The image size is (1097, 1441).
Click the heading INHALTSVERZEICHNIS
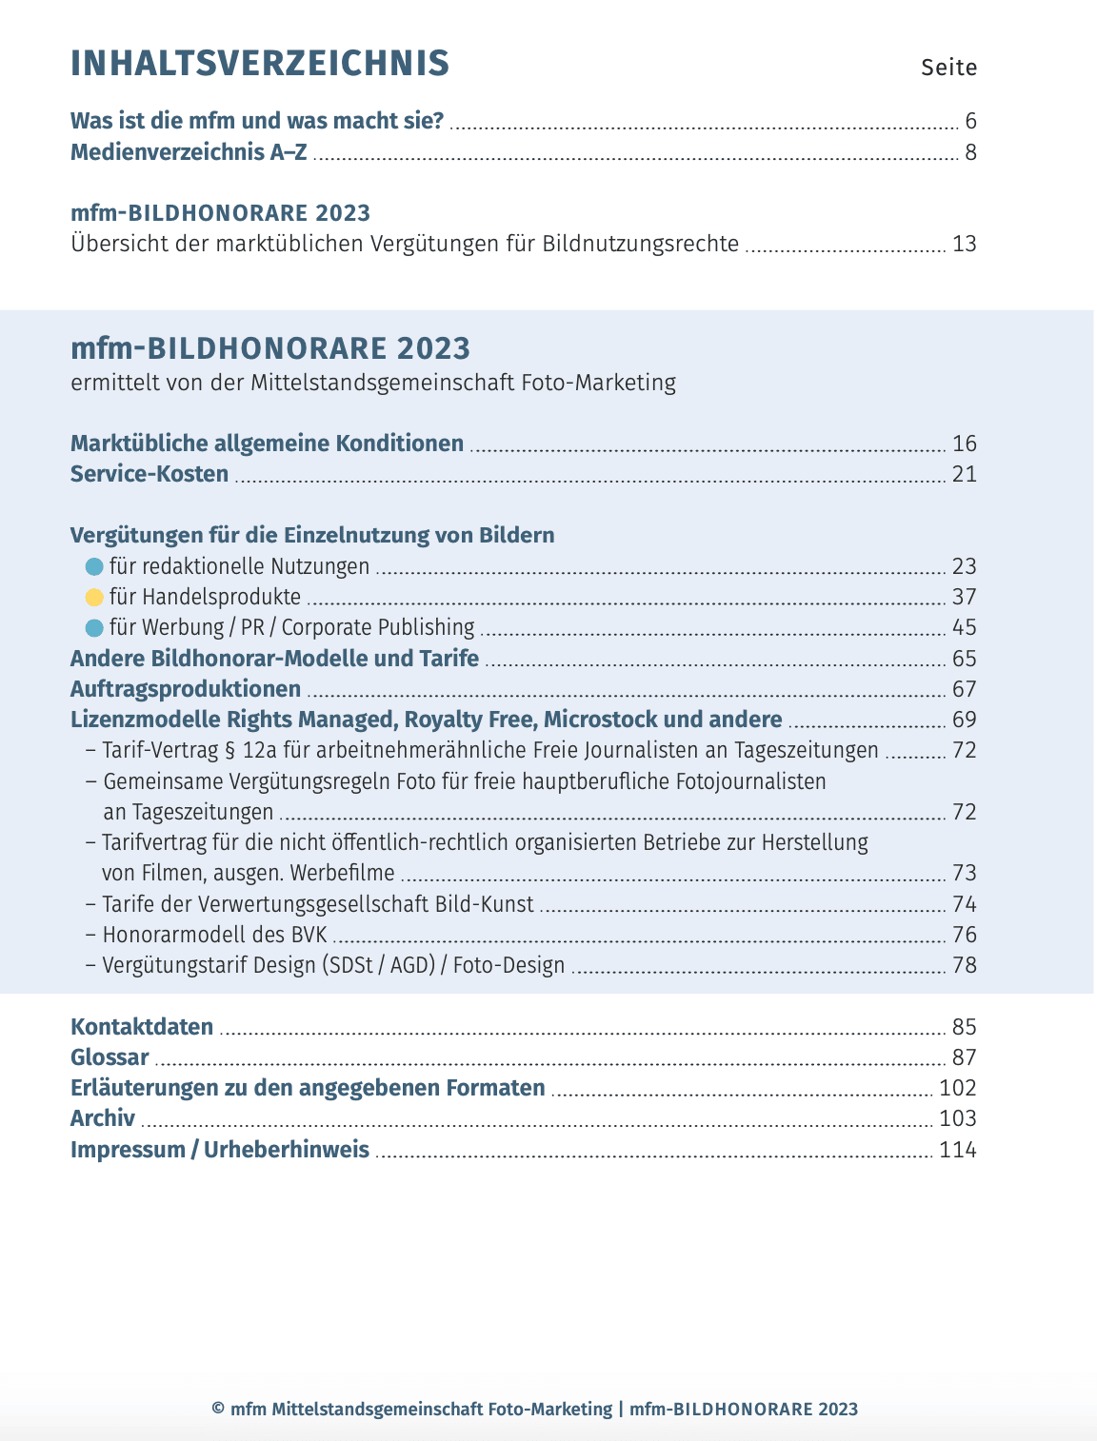point(260,63)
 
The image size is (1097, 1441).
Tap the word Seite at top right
point(948,68)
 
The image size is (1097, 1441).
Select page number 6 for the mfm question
point(970,121)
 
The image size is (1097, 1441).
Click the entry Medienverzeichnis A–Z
point(189,152)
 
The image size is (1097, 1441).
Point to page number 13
point(964,244)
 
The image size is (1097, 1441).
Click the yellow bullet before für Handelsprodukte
point(94,598)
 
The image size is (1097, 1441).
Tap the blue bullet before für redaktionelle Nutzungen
point(94,567)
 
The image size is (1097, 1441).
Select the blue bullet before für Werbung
point(94,628)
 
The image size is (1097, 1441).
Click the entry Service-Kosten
point(150,474)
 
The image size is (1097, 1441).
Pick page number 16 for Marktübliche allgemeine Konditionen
point(964,444)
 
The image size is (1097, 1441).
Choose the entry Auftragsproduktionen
point(186,689)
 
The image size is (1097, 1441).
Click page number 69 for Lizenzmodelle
point(964,720)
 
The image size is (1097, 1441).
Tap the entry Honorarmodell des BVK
point(214,935)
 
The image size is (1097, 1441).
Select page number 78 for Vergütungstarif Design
point(964,965)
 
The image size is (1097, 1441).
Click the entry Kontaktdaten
point(142,1027)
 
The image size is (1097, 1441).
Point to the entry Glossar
point(110,1057)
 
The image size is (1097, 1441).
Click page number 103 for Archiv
point(958,1118)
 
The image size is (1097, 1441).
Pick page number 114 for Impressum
point(958,1150)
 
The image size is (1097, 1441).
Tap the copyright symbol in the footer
point(218,1410)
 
